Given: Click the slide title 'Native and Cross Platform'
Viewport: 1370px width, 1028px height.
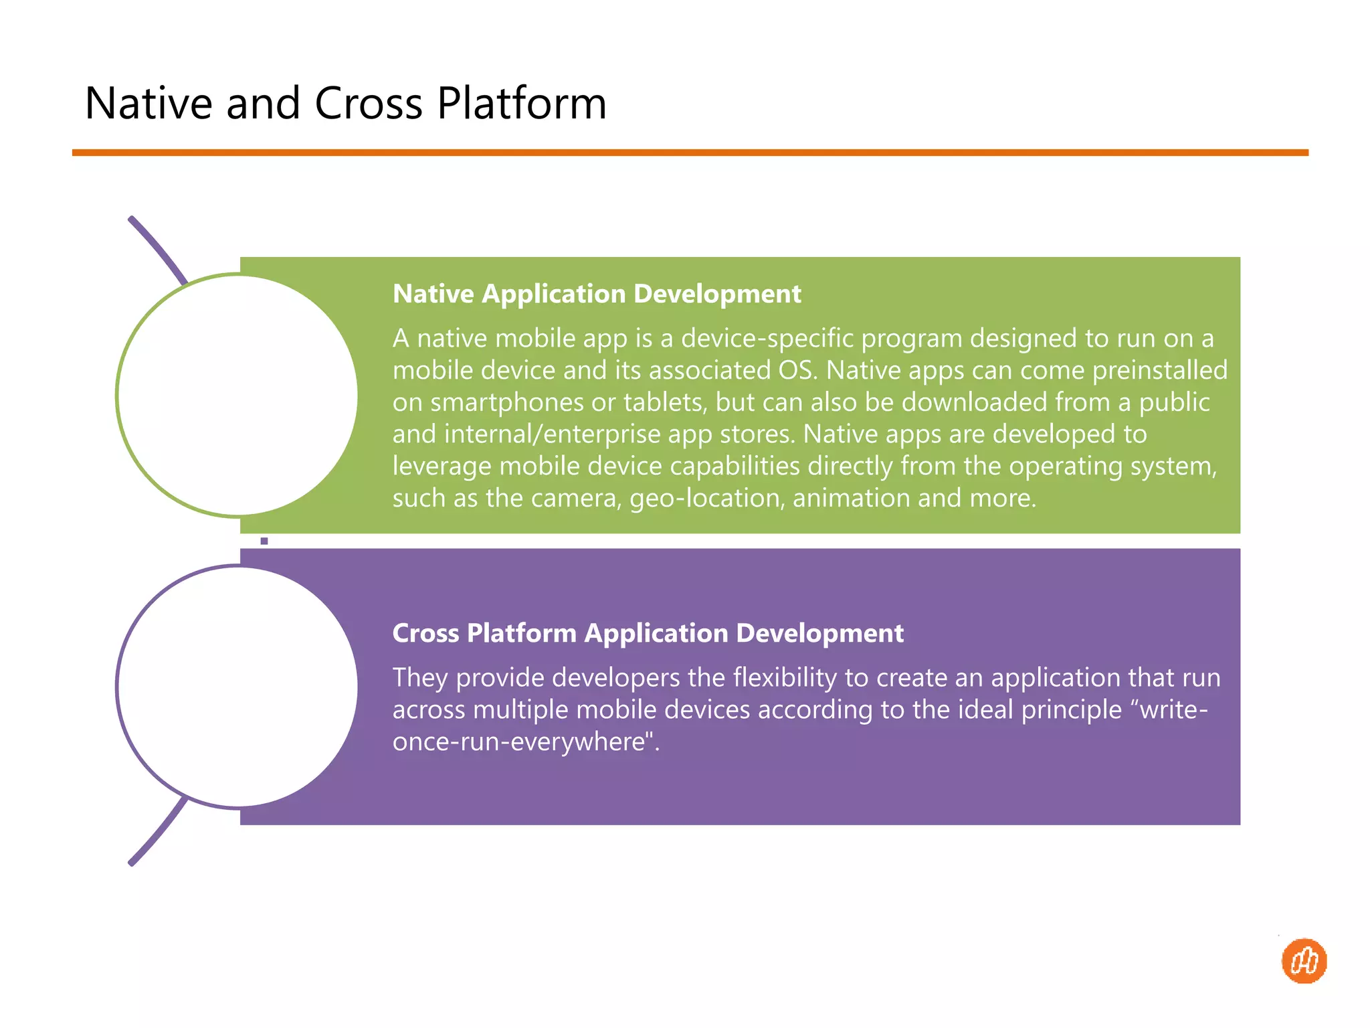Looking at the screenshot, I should tap(345, 104).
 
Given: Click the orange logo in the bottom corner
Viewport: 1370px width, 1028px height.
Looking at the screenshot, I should tap(1304, 961).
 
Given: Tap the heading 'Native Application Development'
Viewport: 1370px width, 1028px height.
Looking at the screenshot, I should tap(596, 294).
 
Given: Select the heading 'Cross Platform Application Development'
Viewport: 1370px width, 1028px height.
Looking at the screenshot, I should tap(648, 633).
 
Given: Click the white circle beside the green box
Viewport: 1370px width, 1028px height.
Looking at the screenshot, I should tap(237, 395).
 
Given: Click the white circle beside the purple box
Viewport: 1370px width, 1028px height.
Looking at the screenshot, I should tap(237, 687).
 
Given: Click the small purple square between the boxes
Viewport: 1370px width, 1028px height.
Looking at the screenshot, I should tap(264, 541).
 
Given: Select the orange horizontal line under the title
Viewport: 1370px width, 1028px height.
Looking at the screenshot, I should tap(690, 153).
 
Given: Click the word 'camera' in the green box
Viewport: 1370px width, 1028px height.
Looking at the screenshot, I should tap(576, 499).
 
